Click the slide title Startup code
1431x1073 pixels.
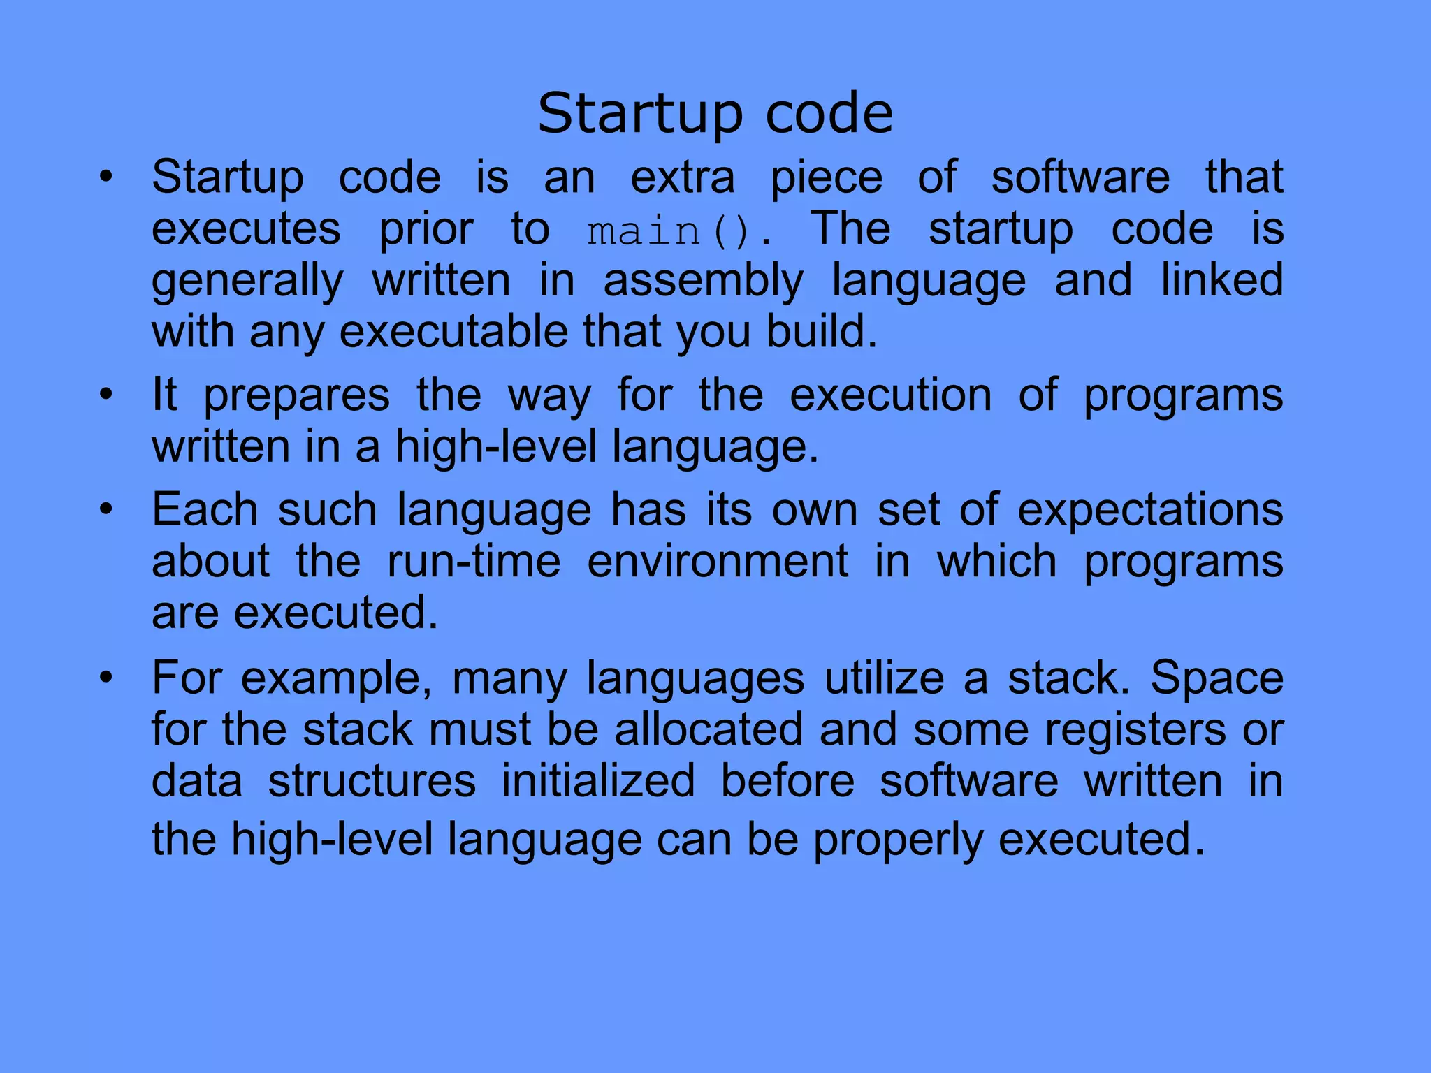click(715, 113)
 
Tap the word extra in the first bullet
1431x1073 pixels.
click(683, 177)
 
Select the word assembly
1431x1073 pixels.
click(703, 282)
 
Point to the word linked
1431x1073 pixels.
click(1221, 280)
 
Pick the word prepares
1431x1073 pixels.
click(296, 395)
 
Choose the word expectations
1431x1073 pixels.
click(1150, 510)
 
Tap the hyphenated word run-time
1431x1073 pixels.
click(474, 561)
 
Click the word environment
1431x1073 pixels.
click(718, 561)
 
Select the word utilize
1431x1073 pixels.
click(884, 678)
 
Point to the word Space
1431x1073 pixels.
click(1216, 678)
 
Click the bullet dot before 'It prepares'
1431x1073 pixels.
click(106, 395)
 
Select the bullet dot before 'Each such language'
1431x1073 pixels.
click(106, 509)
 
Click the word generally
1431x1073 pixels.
click(247, 282)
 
